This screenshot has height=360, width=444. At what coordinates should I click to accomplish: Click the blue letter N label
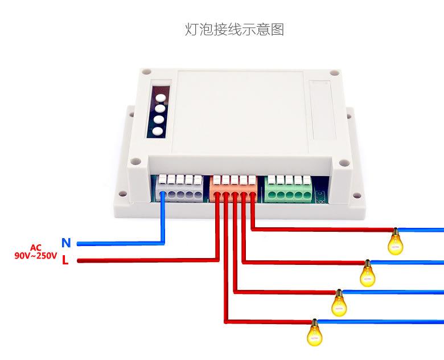pyautogui.click(x=66, y=243)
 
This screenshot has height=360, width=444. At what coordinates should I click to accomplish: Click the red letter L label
pyautogui.click(x=65, y=260)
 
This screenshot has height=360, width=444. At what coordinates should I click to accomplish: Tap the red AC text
pyautogui.click(x=36, y=248)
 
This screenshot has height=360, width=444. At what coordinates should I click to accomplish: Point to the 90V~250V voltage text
pyautogui.click(x=36, y=256)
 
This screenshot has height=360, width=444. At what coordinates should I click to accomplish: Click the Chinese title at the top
pyautogui.click(x=235, y=30)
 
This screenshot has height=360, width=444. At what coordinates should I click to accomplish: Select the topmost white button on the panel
pyautogui.click(x=161, y=98)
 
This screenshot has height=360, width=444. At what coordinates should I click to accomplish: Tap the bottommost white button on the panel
pyautogui.click(x=158, y=131)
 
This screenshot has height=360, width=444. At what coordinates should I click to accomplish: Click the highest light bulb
pyautogui.click(x=395, y=242)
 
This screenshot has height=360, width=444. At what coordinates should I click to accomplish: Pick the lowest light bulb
pyautogui.click(x=314, y=333)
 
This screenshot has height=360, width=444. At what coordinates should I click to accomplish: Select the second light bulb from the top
pyautogui.click(x=367, y=273)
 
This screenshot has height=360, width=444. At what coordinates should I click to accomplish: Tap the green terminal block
pyautogui.click(x=288, y=189)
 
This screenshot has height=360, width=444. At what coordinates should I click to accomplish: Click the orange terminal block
pyautogui.click(x=233, y=189)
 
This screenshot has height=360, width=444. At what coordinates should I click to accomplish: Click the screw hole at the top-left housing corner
pyautogui.click(x=146, y=71)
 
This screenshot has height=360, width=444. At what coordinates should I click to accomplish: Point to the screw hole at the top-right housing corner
pyautogui.click(x=334, y=72)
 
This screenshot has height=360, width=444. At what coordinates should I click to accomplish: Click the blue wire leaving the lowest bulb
pyautogui.click(x=380, y=321)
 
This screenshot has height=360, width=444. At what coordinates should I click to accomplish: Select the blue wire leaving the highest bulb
pyautogui.click(x=421, y=230)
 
